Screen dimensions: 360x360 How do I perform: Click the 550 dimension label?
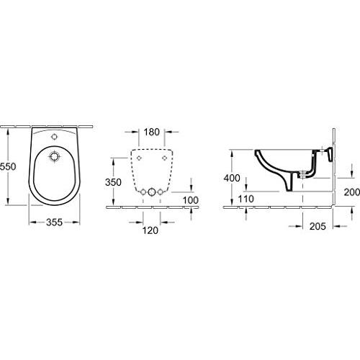click(8, 166)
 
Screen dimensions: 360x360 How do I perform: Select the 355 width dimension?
click(54, 222)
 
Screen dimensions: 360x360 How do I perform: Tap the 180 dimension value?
click(152, 132)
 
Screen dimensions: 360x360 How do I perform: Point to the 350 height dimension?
click(113, 182)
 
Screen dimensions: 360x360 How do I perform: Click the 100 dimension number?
click(191, 200)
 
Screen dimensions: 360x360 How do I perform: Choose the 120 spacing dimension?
click(150, 230)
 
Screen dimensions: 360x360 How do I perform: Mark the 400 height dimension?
click(232, 178)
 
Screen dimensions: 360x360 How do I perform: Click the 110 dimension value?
click(246, 199)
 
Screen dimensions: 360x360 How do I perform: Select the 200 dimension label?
click(352, 192)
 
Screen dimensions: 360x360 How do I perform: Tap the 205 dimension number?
click(318, 226)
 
